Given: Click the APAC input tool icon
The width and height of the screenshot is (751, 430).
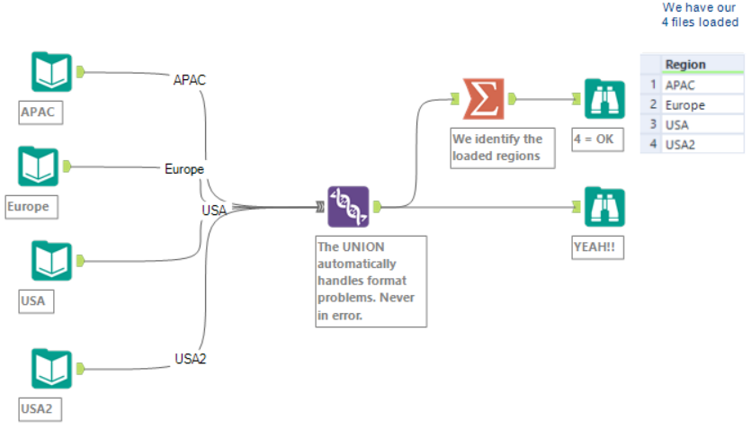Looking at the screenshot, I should click(x=51, y=72).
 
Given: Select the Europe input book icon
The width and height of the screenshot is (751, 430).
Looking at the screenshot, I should click(x=38, y=166).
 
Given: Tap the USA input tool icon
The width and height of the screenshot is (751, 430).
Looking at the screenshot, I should click(x=51, y=261).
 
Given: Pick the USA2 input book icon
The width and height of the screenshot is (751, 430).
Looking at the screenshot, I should click(x=51, y=369).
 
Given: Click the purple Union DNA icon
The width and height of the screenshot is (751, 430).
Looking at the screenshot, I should click(x=348, y=207).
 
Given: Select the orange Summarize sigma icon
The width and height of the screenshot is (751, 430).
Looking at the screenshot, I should click(x=483, y=98).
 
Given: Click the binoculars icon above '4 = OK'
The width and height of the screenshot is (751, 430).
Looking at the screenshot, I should click(x=603, y=99).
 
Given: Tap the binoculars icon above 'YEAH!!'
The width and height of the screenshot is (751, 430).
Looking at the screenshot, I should click(x=603, y=207).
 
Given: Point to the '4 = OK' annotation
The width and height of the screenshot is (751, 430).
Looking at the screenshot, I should click(x=596, y=139).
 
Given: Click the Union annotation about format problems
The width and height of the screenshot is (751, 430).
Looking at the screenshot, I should click(x=371, y=281).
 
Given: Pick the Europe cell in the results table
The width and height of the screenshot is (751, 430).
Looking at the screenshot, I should click(x=685, y=105).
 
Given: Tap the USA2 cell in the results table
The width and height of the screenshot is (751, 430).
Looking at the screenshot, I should click(x=681, y=144).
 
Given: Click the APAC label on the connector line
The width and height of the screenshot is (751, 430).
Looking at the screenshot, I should click(x=190, y=80).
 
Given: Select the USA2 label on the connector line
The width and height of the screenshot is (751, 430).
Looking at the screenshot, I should click(x=191, y=359).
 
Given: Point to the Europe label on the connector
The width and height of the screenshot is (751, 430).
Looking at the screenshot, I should click(x=184, y=168).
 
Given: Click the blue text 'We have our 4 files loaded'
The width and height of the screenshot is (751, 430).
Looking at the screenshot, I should click(x=701, y=14).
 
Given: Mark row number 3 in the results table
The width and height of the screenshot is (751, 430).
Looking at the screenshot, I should click(x=651, y=125).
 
